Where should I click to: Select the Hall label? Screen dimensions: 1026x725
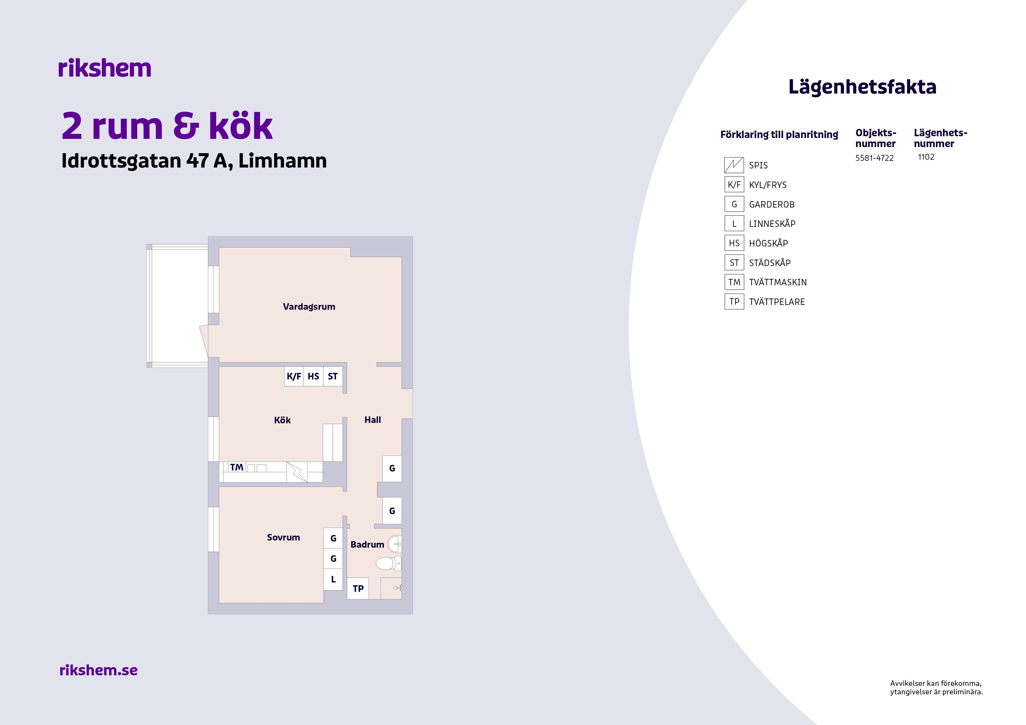[x=372, y=420]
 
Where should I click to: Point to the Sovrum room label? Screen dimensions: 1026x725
[x=283, y=537]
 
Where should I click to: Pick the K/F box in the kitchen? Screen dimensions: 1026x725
[x=294, y=376]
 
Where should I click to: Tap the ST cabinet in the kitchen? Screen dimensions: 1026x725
[x=333, y=376]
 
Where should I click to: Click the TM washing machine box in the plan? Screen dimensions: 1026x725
[x=236, y=467]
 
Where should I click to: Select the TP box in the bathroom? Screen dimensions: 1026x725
[x=358, y=588]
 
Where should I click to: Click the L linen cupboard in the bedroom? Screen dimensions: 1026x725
[x=333, y=579]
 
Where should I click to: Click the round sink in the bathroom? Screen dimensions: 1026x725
[x=394, y=544]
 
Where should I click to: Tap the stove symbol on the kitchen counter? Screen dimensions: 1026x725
[x=297, y=472]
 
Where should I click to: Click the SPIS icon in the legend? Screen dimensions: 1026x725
[x=734, y=165]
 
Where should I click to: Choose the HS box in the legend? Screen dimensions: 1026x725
[x=734, y=243]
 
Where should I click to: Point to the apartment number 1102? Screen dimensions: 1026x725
[x=926, y=157]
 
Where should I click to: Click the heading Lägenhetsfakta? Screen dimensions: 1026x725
[x=862, y=87]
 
